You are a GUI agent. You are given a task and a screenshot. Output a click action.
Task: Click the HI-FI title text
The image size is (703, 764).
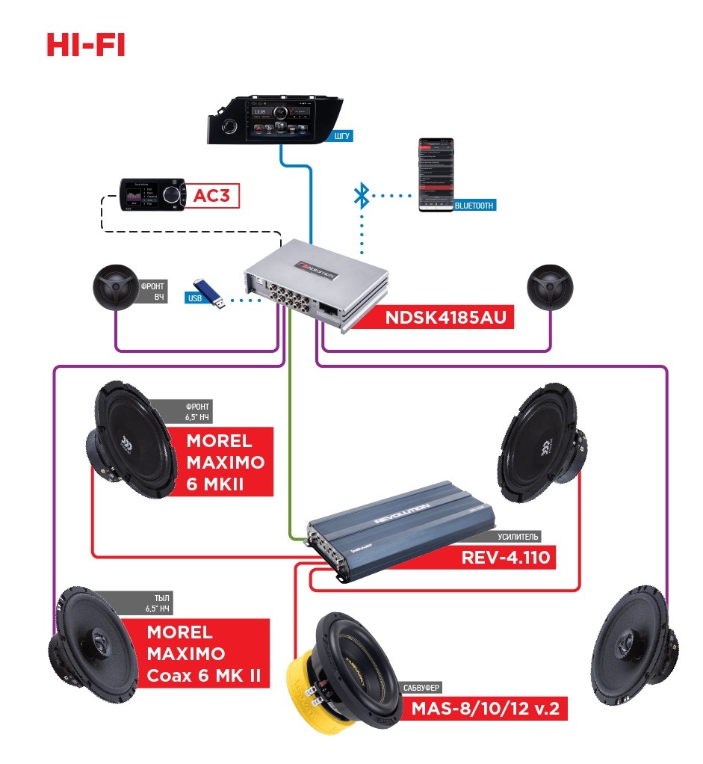(x=85, y=45)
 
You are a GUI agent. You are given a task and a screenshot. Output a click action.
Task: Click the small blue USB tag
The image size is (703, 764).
(x=193, y=298)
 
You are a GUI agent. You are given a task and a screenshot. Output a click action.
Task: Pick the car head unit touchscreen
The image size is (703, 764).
(x=280, y=120)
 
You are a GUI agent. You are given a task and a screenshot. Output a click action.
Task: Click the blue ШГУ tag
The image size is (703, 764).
(x=341, y=136)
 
